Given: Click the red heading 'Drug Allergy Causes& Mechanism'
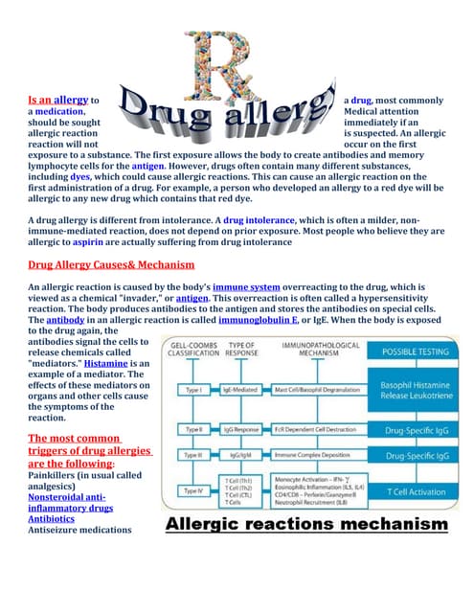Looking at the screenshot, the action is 111,264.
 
